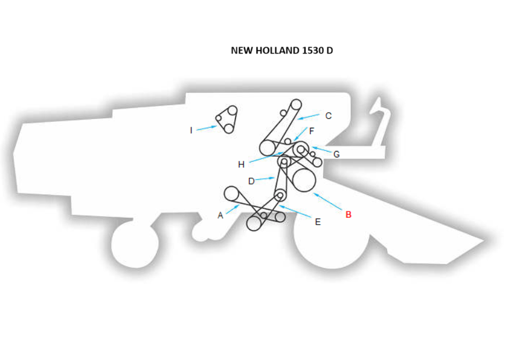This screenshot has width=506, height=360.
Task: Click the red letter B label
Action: pos(349,214)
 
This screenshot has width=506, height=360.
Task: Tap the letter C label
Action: pos(328,116)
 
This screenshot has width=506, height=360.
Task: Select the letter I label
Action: pos(191,130)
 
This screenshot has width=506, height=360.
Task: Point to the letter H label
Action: pos(241,164)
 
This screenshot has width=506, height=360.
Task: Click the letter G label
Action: pos(336,154)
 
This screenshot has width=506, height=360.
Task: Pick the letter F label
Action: pos(311,131)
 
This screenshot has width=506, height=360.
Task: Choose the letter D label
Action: pos(251,181)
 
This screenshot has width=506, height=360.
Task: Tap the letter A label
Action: pos(220,215)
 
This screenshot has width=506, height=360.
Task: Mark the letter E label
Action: pos(317,222)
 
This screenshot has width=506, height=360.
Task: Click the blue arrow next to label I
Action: pos(206,127)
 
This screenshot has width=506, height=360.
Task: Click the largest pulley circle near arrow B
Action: pos(303,180)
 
